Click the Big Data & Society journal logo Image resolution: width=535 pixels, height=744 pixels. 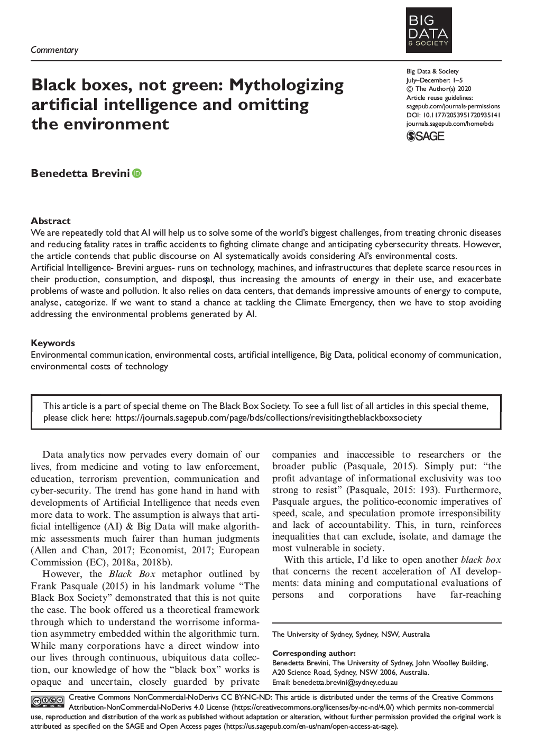coord(428,30)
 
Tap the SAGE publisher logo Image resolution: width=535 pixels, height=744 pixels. coord(425,136)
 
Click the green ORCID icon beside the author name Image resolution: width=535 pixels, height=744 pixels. coord(137,173)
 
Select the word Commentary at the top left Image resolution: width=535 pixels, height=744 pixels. coord(54,50)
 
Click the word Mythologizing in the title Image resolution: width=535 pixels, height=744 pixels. coord(286,85)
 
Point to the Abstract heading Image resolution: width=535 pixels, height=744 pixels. coord(50,221)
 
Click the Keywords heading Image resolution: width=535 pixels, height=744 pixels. coord(53,343)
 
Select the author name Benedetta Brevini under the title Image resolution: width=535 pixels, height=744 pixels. coord(80,173)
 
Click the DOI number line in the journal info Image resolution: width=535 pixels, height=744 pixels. coord(453,115)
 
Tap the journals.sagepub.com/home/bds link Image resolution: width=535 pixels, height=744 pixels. coord(449,124)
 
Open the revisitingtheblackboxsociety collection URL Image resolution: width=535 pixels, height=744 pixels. coord(268,417)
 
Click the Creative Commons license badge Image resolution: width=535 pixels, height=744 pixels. coord(48,702)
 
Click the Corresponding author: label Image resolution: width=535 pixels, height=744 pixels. coord(313,653)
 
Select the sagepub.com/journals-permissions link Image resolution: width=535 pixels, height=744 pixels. coord(453,106)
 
